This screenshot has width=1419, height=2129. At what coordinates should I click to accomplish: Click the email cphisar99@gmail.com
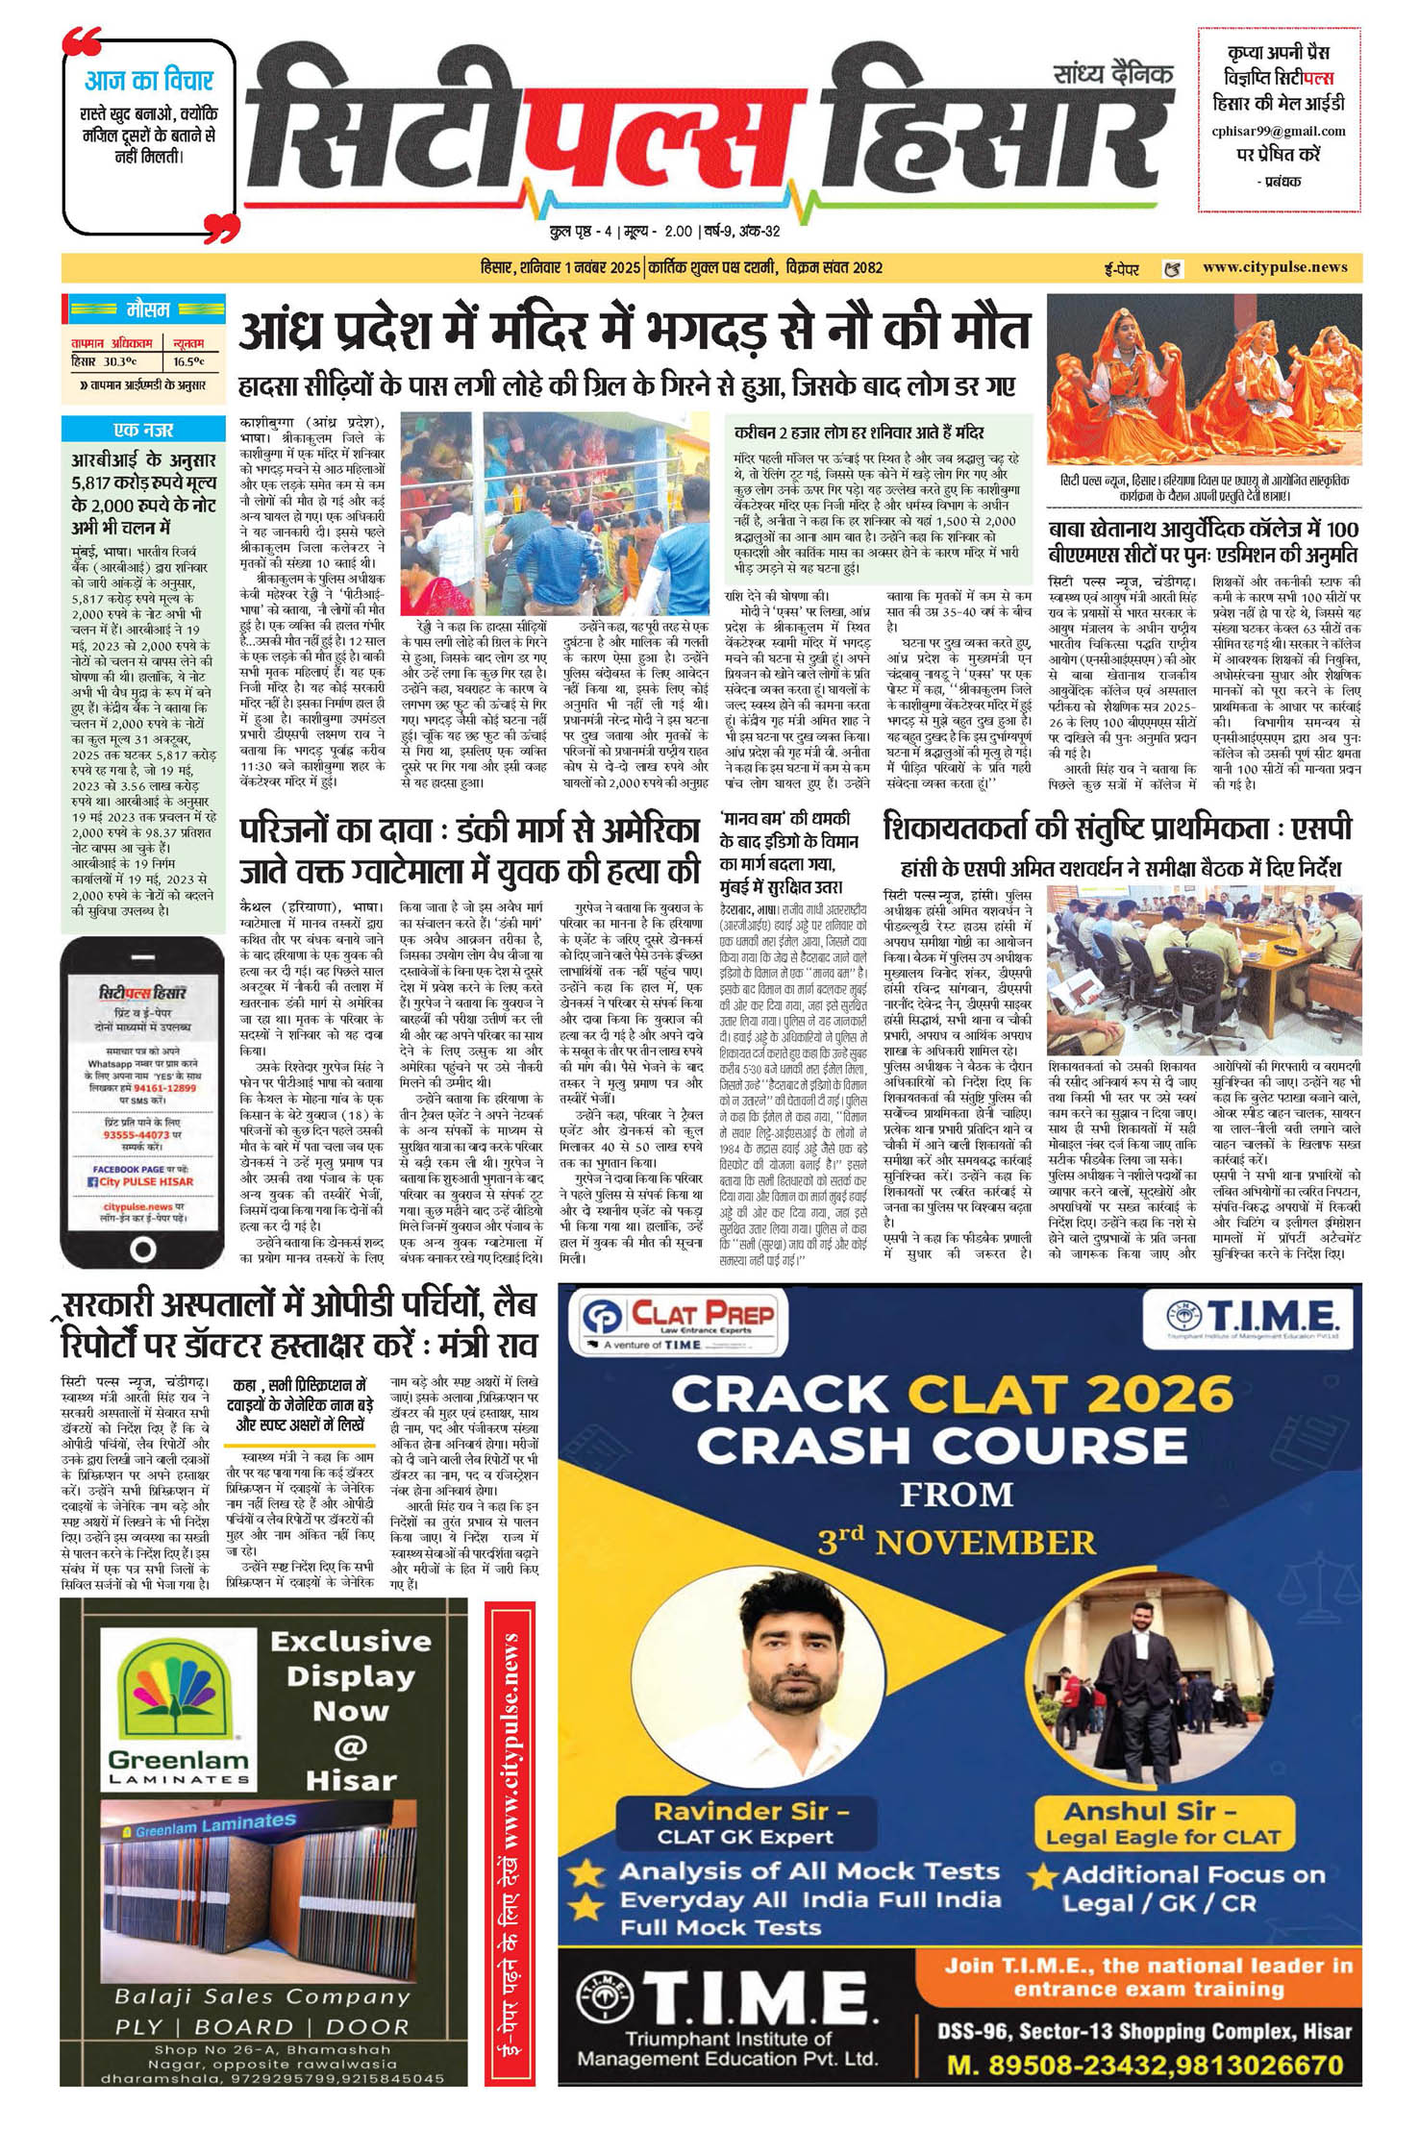coord(1279,131)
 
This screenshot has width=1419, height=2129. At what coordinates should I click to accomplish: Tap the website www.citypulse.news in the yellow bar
coord(1275,267)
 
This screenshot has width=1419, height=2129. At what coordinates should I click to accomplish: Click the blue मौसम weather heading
coord(148,309)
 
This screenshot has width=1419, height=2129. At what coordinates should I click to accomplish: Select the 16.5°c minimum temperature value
coord(188,361)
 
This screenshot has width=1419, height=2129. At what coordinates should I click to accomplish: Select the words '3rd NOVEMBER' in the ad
coord(956,1543)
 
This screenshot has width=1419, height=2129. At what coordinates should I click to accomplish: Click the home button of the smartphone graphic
coord(142,1249)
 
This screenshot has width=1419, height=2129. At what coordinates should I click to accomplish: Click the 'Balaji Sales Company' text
coord(262,1998)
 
